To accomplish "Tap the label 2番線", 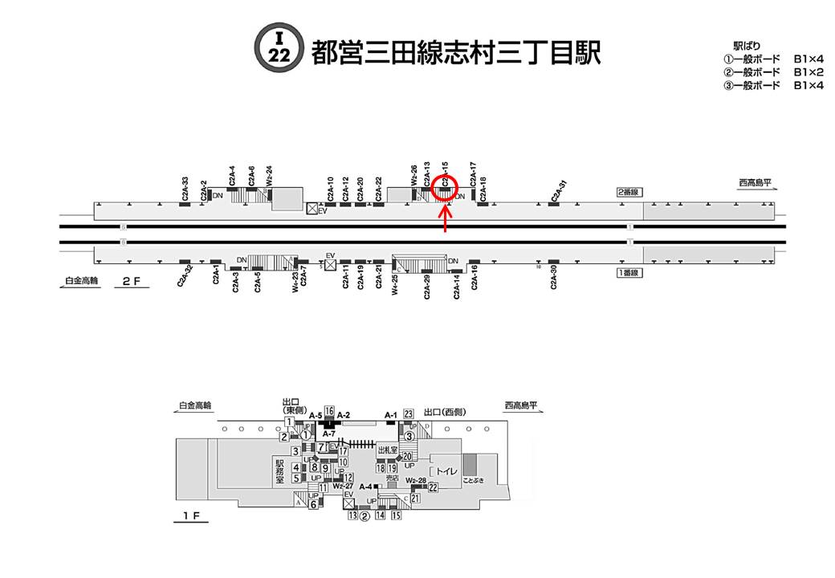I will click(x=627, y=192).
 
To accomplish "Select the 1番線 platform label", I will click(x=627, y=273).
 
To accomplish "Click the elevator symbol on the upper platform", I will click(x=312, y=209).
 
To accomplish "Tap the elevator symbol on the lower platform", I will click(x=330, y=264).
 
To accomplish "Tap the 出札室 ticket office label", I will click(x=389, y=451).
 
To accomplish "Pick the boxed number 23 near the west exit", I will click(x=409, y=413).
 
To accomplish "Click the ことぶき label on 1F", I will click(x=468, y=481).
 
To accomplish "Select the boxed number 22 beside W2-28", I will click(x=433, y=486).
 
